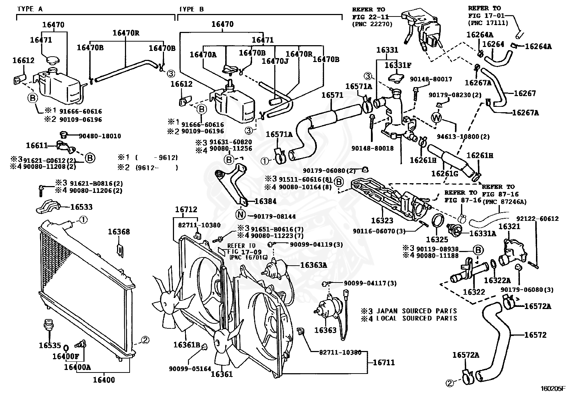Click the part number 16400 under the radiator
tap(104, 380)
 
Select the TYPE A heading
tap(30, 9)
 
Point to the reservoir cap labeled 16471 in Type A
tap(53, 60)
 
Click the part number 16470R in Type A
tap(126, 33)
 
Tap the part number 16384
tap(265, 201)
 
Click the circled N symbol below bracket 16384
tap(240, 214)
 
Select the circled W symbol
tap(436, 118)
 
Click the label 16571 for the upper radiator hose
tap(332, 95)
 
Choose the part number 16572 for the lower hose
tap(535, 335)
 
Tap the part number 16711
tap(384, 362)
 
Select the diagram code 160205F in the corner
tap(554, 388)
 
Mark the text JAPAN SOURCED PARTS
tap(416, 311)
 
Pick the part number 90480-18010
tap(100, 136)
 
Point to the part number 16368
tap(119, 232)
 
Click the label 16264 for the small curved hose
tap(493, 44)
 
